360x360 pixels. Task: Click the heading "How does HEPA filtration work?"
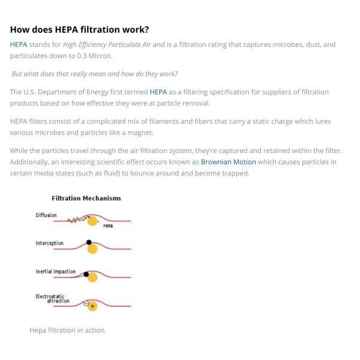click(79, 29)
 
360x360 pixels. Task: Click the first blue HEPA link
click(18, 44)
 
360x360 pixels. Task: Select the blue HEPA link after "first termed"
click(158, 92)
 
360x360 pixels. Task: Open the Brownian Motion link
click(228, 162)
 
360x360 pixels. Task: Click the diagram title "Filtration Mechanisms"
click(86, 198)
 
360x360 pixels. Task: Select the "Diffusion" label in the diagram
click(46, 215)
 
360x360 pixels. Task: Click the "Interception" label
click(49, 243)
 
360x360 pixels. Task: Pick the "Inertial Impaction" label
click(56, 271)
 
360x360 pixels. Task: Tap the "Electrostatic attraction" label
click(53, 298)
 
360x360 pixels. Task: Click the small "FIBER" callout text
click(108, 226)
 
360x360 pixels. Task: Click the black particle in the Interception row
click(89, 242)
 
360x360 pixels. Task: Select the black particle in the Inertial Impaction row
click(86, 274)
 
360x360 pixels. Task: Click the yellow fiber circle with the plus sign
click(92, 306)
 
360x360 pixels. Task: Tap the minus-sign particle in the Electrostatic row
click(86, 302)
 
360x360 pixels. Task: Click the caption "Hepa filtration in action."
click(68, 330)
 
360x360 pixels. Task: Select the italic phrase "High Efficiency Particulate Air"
click(107, 44)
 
